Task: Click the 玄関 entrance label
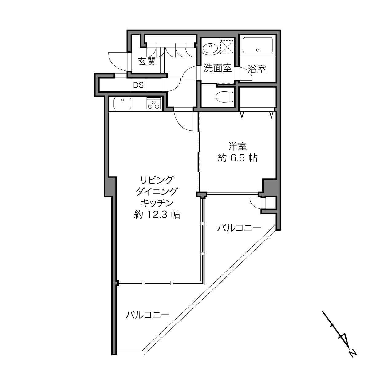coord(147,62)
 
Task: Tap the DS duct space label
coord(138,85)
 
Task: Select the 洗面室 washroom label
coord(217,68)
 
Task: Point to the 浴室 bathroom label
coord(257,69)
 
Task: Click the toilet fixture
coord(225,97)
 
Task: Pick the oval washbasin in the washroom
coord(210,48)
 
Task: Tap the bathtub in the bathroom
coord(257,45)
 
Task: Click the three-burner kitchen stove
coord(154,103)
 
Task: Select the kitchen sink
coord(122,103)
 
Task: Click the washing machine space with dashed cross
coord(227,46)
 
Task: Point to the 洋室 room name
coord(238,146)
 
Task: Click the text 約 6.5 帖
coord(238,158)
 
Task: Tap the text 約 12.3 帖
coord(157,215)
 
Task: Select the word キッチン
coord(157,203)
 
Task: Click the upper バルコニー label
coord(239,228)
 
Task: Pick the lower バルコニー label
coord(147,315)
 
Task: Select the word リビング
coord(157,180)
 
